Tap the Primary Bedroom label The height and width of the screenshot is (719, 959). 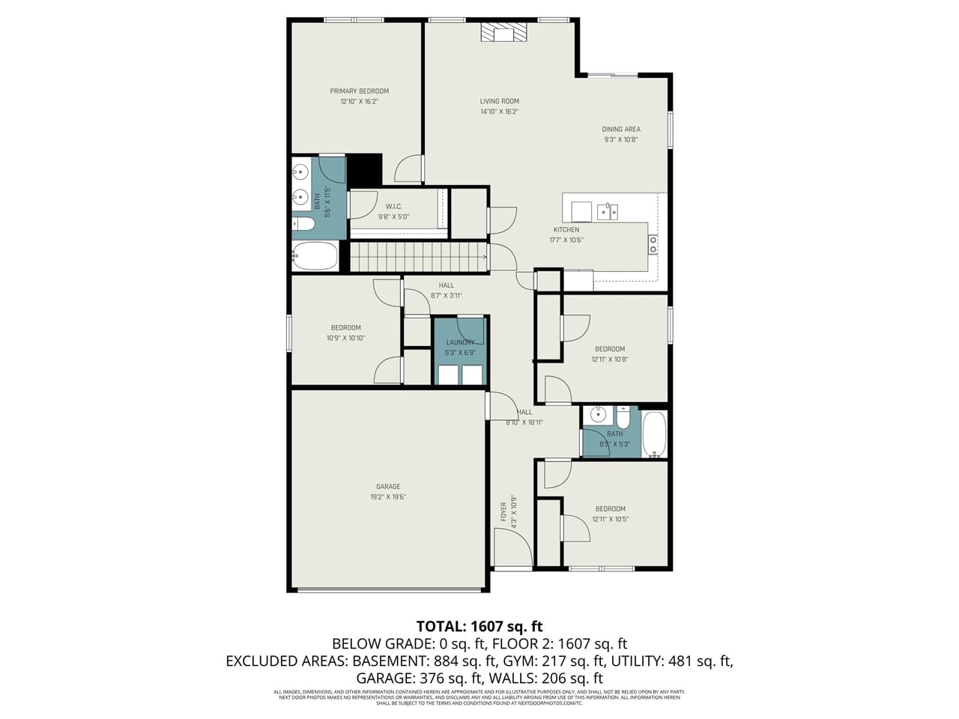(x=359, y=91)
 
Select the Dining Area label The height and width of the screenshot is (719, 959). (x=620, y=130)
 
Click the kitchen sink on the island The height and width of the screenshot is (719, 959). (x=607, y=211)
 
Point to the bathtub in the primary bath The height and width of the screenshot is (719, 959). (x=315, y=256)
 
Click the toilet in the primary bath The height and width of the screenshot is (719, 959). (x=303, y=223)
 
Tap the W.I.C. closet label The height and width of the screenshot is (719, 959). (x=393, y=207)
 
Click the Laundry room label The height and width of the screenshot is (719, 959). (x=460, y=342)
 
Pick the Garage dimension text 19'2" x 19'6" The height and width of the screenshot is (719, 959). (x=388, y=497)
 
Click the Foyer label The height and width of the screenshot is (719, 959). (x=503, y=512)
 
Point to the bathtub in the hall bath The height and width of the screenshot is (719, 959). (x=654, y=434)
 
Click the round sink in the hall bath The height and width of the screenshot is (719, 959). (x=597, y=414)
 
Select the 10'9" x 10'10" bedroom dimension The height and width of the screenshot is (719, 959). (x=345, y=338)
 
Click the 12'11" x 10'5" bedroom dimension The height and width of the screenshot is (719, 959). (x=610, y=519)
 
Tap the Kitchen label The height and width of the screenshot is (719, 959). (x=566, y=230)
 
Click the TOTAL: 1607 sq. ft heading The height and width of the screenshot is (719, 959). (x=479, y=626)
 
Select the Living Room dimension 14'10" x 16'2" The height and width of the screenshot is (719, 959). (x=500, y=112)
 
